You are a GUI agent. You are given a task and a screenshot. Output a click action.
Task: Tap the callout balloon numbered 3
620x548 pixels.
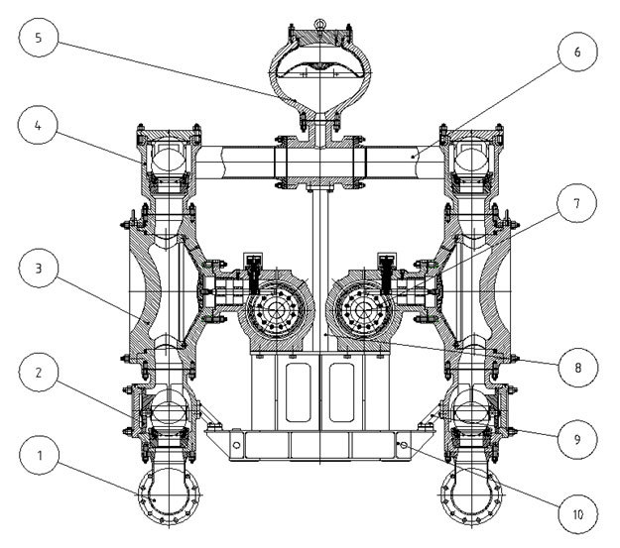41,269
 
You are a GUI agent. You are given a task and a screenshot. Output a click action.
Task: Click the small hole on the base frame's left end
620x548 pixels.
237,447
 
